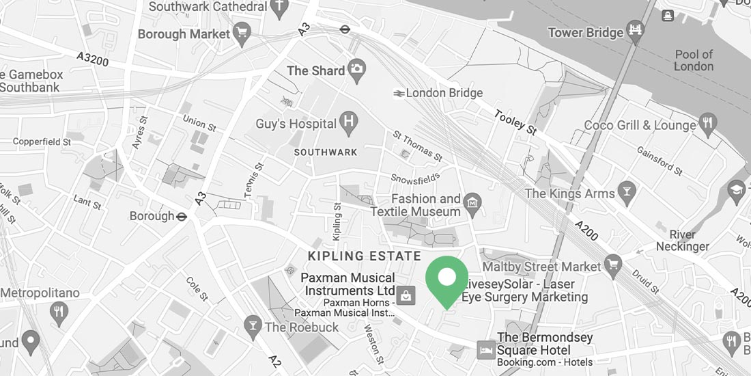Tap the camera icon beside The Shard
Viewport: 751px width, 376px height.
coord(356,68)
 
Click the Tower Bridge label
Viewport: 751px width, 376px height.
coord(585,32)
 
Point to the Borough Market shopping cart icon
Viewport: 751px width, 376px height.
coord(240,32)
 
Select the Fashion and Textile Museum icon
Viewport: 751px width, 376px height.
coord(472,202)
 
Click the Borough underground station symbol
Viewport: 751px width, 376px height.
coord(182,216)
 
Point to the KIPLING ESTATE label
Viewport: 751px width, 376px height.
coord(365,256)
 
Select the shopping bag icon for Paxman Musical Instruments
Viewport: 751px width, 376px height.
coord(406,296)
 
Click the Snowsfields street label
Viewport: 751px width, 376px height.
coord(412,177)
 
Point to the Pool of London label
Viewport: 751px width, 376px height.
coord(694,60)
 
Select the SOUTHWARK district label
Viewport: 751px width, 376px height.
coord(326,152)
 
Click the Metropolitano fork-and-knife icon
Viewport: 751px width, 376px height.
coord(60,312)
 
